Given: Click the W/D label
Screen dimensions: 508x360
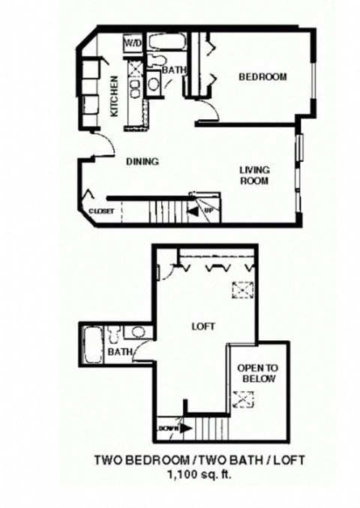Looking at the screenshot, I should click(133, 43).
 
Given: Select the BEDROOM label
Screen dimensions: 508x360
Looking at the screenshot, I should click(262, 77).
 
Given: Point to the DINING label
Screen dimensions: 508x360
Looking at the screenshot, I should click(141, 160).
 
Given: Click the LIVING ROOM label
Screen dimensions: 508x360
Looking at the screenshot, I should click(254, 175).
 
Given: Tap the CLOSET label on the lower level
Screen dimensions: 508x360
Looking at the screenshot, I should click(101, 211).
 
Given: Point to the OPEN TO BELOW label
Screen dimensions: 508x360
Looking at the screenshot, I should click(256, 373).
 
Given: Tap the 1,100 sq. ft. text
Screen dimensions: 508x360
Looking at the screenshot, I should click(198, 474).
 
